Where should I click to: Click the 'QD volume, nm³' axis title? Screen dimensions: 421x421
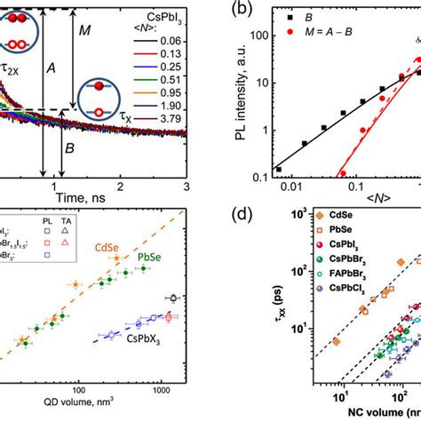click(x=98, y=411)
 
